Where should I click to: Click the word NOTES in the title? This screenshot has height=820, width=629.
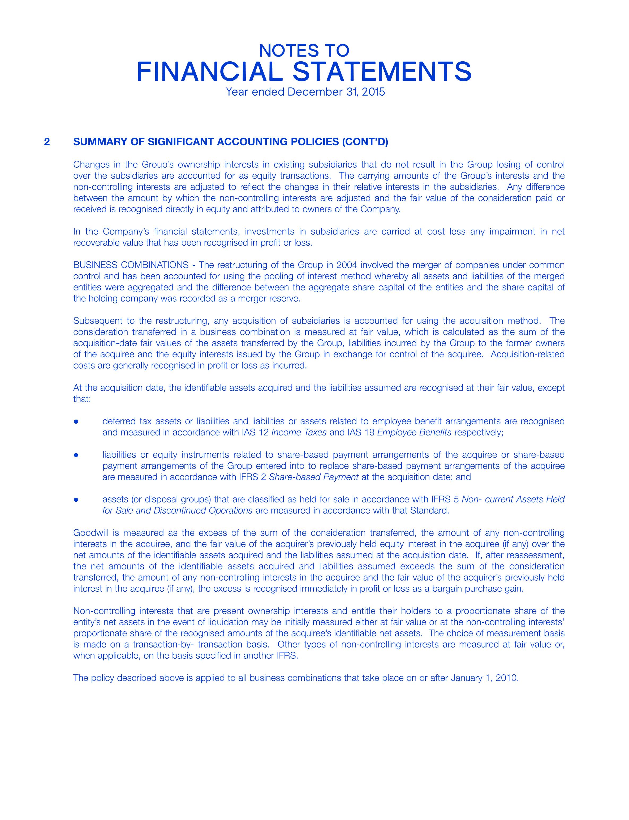click(282, 50)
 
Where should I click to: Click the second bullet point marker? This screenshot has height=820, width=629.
click(76, 455)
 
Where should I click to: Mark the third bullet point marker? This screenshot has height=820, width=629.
click(76, 500)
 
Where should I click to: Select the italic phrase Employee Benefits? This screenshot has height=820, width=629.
click(414, 433)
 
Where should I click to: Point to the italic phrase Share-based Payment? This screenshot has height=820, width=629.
click(313, 477)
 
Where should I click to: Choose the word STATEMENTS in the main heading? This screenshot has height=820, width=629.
click(382, 72)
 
